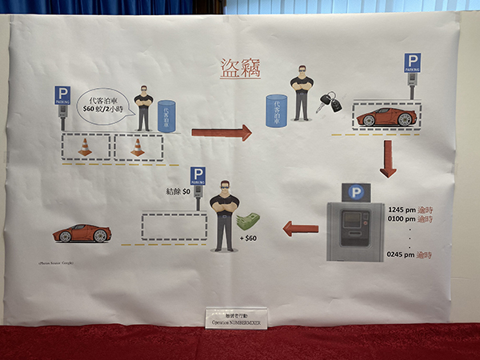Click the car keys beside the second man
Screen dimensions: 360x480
point(329,102)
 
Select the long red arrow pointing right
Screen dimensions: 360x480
point(221,132)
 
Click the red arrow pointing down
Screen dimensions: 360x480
point(388,158)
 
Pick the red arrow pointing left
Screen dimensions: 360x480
point(301,229)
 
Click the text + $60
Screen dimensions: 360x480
point(250,239)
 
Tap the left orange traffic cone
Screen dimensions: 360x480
point(84,147)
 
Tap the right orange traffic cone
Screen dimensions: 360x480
point(138,147)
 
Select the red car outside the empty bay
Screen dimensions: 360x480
point(82,234)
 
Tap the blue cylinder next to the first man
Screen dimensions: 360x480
point(167,116)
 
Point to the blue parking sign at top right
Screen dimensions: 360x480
point(412,63)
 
